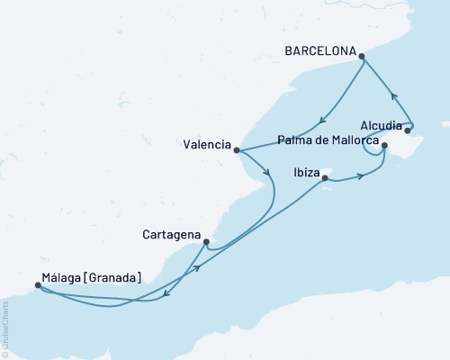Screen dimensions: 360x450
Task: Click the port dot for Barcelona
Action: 362,57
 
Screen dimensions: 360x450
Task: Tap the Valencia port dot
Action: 236,150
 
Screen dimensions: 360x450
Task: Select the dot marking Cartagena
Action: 207,241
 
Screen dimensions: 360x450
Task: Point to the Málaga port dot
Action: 37,285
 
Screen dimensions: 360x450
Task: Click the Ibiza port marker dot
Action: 324,178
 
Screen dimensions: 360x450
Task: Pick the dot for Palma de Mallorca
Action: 384,145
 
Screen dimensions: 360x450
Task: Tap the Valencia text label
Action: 204,144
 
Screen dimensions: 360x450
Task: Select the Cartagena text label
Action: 171,234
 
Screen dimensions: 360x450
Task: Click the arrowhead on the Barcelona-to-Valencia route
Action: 321,126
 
